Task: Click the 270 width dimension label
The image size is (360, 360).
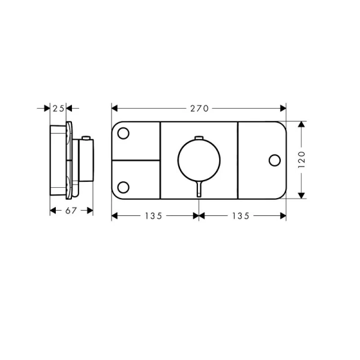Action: tap(199, 109)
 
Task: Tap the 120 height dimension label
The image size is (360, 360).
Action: tap(302, 160)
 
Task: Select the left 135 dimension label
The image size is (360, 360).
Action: tap(154, 216)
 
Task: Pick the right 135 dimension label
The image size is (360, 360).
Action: tap(241, 216)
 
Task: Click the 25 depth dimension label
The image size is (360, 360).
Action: tap(58, 109)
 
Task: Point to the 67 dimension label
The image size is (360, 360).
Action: tap(71, 211)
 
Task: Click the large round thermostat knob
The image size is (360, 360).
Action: tap(199, 160)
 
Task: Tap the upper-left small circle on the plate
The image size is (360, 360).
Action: tap(123, 133)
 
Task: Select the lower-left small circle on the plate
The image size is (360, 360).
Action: tap(123, 187)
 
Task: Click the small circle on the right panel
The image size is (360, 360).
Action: tap(275, 160)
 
